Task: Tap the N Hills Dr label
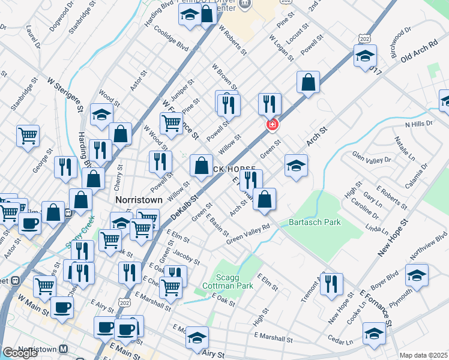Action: click(418, 124)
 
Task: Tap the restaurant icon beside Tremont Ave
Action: click(331, 284)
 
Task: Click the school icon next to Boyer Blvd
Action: click(417, 275)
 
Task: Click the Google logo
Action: click(20, 353)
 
